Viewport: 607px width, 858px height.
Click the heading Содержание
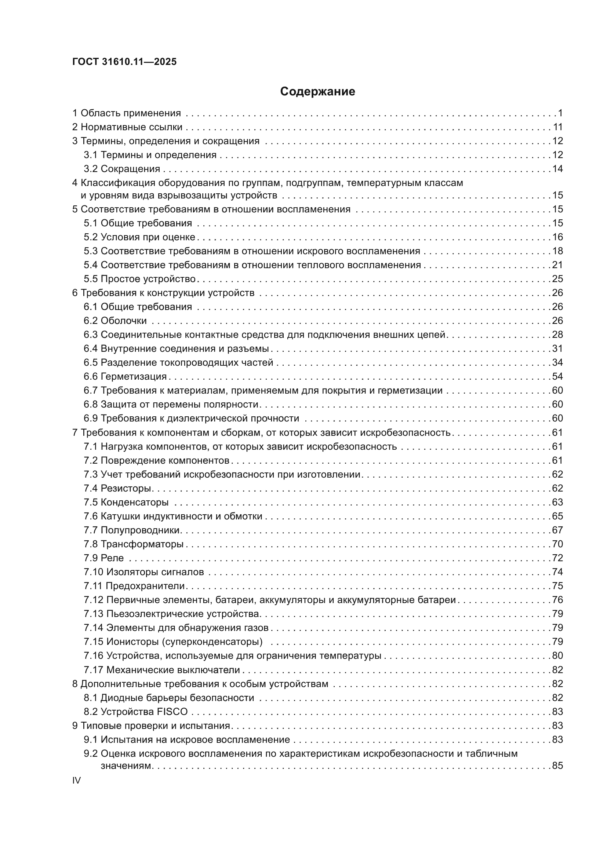coord(317,92)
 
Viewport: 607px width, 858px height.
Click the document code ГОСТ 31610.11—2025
coord(124,62)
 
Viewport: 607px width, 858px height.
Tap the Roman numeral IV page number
coord(76,780)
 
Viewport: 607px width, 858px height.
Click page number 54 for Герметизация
coord(557,377)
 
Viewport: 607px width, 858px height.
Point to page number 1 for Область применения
coord(560,113)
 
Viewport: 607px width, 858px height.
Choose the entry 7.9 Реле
coord(103,558)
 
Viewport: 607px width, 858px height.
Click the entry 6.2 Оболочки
coord(115,321)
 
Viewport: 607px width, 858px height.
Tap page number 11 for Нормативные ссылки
coord(558,127)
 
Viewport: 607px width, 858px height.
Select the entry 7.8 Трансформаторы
coord(134,544)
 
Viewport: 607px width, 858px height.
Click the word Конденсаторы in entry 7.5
coord(135,502)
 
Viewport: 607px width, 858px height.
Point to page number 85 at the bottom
coord(557,766)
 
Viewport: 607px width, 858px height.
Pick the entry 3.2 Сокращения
coord(122,169)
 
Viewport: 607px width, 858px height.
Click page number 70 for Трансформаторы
coord(557,544)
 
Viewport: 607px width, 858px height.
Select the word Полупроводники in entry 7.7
coord(141,530)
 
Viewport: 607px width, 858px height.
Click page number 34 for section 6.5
coord(557,363)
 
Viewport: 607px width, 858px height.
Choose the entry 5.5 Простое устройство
coord(140,279)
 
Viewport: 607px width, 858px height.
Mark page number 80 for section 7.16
coord(557,656)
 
